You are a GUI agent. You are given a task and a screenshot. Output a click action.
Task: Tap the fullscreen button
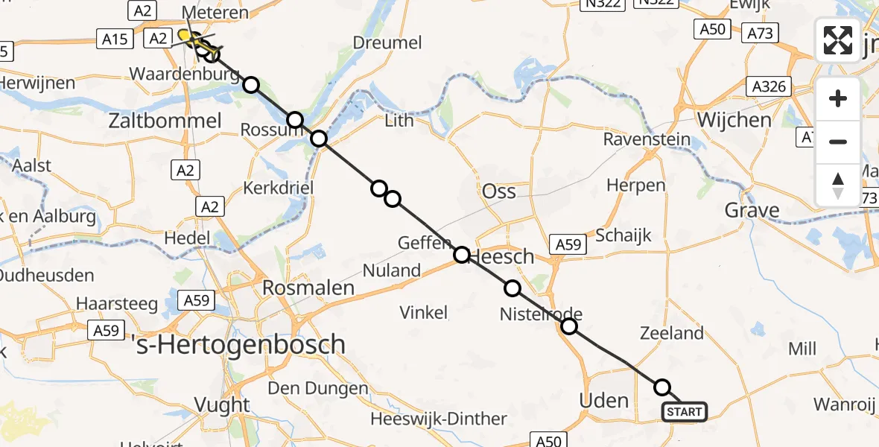(838, 40)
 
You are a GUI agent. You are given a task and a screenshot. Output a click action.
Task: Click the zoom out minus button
(838, 142)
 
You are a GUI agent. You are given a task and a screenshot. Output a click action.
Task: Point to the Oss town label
(499, 191)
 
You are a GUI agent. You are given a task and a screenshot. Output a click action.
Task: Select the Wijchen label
(734, 120)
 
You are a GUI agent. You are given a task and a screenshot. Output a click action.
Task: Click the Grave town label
(752, 211)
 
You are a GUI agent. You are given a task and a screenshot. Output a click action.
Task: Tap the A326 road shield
(769, 86)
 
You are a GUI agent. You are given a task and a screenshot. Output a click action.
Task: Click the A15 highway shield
(115, 39)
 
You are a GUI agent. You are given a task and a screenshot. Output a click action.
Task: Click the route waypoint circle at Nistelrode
(569, 326)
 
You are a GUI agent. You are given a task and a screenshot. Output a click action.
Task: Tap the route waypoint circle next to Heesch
(462, 256)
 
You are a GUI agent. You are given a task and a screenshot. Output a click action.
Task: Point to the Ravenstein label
(647, 139)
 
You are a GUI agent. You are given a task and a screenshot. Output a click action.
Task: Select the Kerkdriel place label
(278, 188)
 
